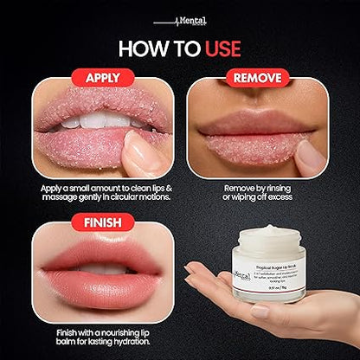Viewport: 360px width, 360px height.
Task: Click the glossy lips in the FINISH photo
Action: click(87, 274)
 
